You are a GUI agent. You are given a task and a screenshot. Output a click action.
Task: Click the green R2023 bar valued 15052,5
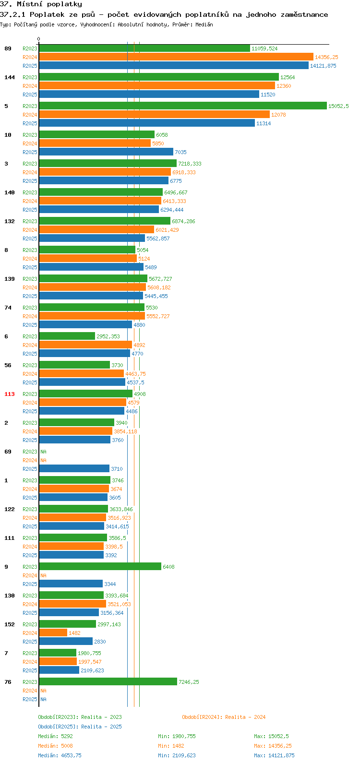click(183, 106)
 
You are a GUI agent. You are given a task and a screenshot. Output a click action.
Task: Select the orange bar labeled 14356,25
click(176, 57)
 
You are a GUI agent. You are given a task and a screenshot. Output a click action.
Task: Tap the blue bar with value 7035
click(106, 152)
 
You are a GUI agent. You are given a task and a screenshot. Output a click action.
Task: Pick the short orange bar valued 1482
click(53, 633)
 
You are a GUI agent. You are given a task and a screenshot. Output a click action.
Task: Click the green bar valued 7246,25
click(108, 681)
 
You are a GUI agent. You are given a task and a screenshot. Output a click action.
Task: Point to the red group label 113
click(10, 394)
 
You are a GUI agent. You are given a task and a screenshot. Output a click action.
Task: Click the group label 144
click(10, 77)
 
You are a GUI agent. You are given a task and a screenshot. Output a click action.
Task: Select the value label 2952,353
click(108, 336)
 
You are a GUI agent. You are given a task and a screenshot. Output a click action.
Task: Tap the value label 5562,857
click(158, 239)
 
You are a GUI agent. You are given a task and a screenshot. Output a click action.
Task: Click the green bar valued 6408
click(100, 566)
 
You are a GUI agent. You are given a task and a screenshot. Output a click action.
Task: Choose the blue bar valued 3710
click(74, 468)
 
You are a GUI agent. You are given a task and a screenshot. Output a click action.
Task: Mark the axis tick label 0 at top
click(38, 39)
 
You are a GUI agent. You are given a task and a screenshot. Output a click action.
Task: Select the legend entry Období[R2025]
click(58, 727)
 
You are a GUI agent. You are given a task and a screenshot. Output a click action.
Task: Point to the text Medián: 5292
click(55, 736)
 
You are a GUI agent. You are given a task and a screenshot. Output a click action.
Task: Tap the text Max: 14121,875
click(274, 755)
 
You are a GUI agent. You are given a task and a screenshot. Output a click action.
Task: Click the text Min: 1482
click(171, 746)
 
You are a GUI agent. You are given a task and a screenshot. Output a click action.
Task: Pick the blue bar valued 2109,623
click(59, 670)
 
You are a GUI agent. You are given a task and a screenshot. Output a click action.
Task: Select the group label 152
click(10, 624)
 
